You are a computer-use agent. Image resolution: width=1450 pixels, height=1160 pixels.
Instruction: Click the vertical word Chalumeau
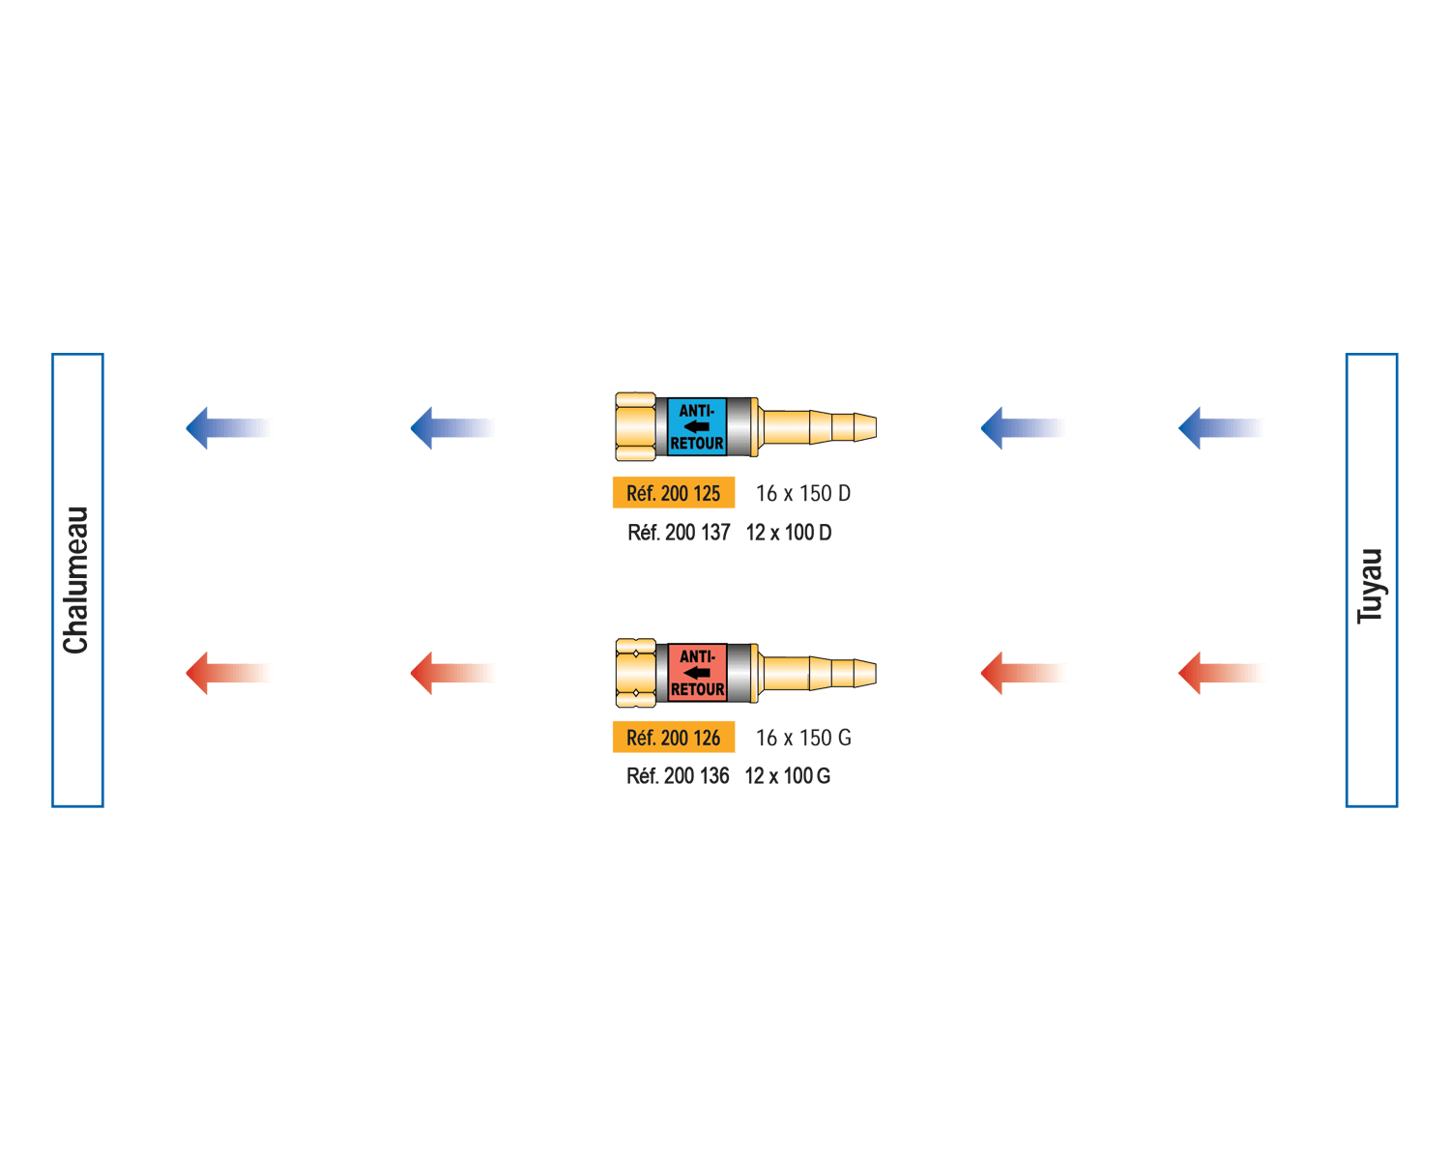(76, 580)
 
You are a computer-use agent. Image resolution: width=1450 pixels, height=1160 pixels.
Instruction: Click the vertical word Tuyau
(1371, 586)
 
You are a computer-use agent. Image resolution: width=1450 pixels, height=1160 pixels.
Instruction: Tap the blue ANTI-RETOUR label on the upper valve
(697, 426)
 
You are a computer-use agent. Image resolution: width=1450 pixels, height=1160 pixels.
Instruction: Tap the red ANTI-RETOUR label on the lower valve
(697, 672)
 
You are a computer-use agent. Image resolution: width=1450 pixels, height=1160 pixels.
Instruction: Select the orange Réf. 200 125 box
(674, 493)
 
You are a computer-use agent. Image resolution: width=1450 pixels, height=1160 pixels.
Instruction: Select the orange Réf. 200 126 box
(674, 738)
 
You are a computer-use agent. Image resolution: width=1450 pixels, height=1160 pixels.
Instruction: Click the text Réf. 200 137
(679, 533)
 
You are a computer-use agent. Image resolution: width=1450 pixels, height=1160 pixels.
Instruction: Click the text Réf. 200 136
(678, 776)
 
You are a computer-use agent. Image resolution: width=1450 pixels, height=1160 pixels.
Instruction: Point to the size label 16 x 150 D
(803, 494)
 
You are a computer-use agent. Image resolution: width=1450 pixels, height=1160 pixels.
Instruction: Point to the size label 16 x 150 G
(803, 739)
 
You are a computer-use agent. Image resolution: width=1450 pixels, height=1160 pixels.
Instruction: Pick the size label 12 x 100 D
(789, 533)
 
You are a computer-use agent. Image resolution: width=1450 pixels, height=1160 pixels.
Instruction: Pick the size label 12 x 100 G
(788, 776)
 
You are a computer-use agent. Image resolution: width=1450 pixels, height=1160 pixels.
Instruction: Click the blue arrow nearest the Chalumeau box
(228, 427)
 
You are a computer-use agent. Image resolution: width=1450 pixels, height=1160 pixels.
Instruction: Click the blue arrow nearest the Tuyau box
(1220, 427)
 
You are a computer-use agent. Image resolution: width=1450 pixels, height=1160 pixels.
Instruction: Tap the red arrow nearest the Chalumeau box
(228, 673)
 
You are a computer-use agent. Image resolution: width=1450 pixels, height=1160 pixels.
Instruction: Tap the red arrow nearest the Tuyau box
(1220, 673)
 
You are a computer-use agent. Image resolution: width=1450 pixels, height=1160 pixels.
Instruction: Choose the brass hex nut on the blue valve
(636, 426)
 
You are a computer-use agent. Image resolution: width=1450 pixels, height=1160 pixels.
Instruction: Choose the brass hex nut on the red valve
(636, 672)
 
